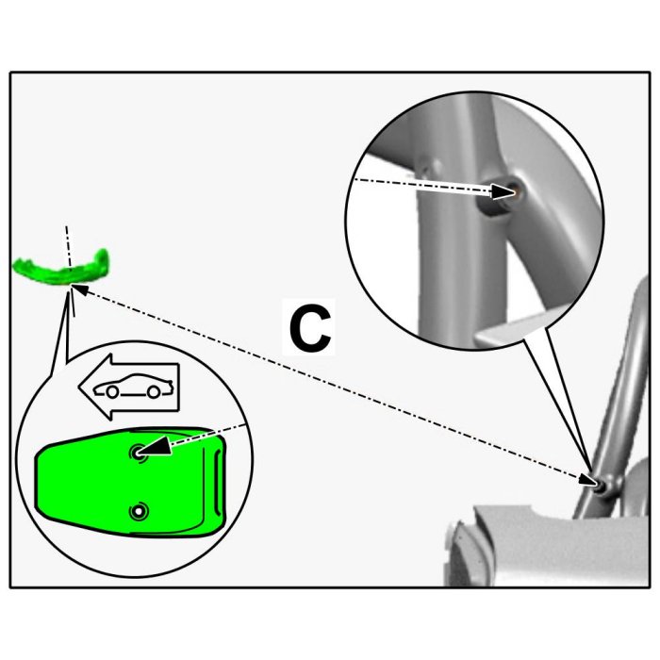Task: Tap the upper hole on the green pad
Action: (139, 454)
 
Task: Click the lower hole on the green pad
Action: (140, 512)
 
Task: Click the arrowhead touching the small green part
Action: (78, 290)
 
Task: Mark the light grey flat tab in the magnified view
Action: (509, 329)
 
